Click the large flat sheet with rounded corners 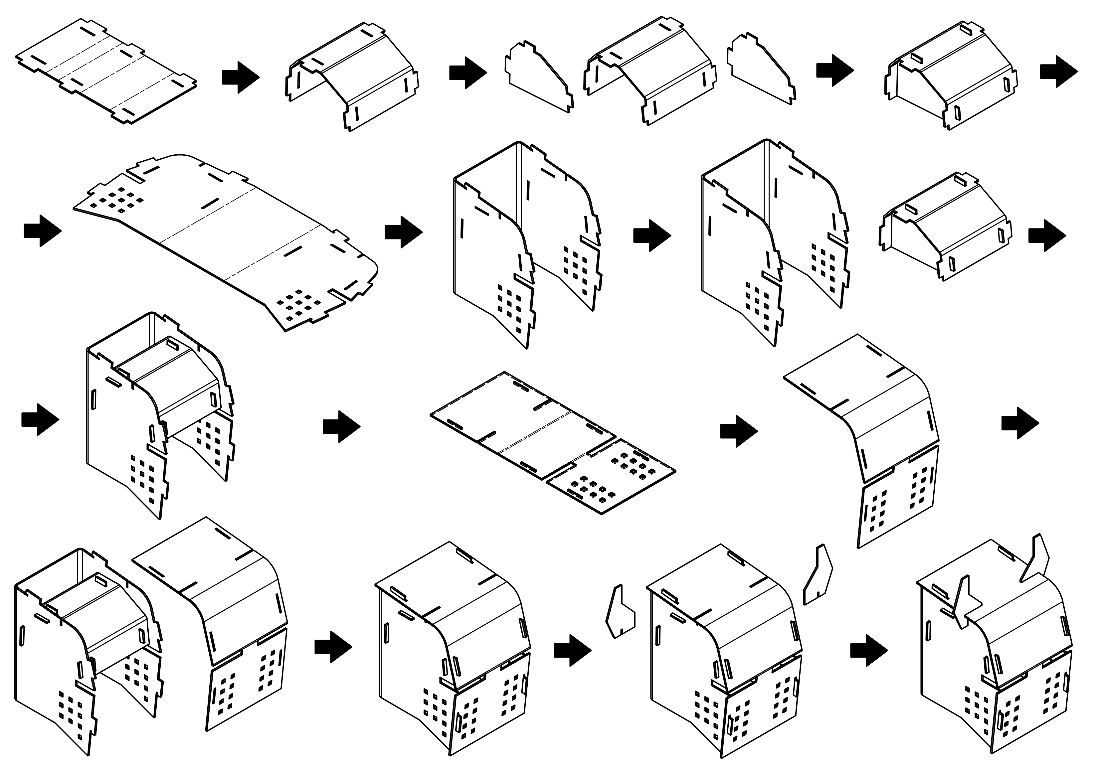click(225, 240)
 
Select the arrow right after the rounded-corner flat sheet click(403, 232)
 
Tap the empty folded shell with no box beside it click(527, 240)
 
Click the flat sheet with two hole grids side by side click(551, 443)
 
